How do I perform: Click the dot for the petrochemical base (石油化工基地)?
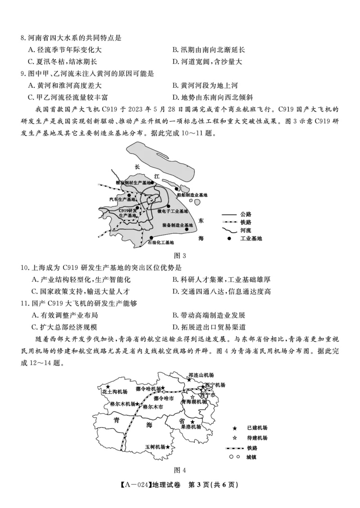tap(152, 237)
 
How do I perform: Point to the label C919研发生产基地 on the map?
tap(128, 213)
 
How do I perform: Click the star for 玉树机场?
tap(168, 447)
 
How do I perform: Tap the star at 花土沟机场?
tap(108, 386)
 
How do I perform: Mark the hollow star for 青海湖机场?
tap(193, 397)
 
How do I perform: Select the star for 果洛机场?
tap(193, 422)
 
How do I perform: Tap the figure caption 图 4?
tap(180, 470)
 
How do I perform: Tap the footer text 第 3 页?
tap(213, 485)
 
